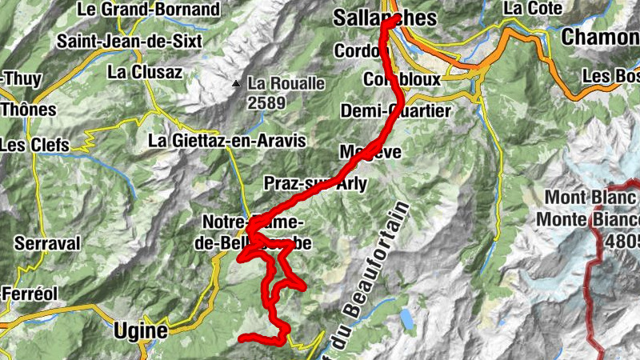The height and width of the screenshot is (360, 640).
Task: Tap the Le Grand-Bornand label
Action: point(149,10)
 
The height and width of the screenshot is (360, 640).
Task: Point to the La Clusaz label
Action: point(145,71)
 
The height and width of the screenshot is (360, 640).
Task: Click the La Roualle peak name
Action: point(286,82)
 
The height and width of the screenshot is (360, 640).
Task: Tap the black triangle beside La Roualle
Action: point(236,83)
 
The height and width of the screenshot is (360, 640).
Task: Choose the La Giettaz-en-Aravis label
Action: point(227,141)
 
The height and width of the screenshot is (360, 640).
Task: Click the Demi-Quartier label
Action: point(395,110)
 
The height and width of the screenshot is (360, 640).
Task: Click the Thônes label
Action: point(30,110)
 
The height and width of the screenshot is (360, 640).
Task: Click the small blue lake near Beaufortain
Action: point(408,320)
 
